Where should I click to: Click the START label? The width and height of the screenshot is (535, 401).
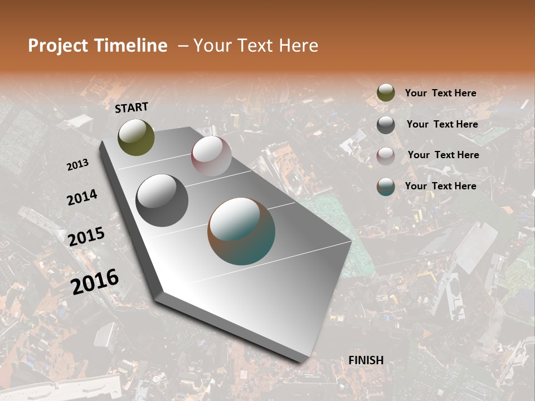(x=132, y=107)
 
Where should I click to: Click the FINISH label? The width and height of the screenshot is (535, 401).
(x=366, y=360)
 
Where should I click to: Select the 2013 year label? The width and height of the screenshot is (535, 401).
(x=77, y=165)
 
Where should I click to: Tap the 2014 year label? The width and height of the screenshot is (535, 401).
(x=82, y=198)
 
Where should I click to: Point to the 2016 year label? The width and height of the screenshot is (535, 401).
(x=95, y=281)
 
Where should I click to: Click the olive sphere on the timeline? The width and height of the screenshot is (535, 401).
(x=136, y=137)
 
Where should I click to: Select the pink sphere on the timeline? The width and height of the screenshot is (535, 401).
(x=211, y=156)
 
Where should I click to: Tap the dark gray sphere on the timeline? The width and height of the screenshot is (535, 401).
(x=162, y=200)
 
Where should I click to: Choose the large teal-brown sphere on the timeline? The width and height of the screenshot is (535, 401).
(x=241, y=231)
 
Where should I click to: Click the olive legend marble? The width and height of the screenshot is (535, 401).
(x=386, y=93)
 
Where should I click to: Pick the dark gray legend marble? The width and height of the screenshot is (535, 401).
(x=386, y=125)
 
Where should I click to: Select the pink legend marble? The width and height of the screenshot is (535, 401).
(x=386, y=155)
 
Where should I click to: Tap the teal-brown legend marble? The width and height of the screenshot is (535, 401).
(x=386, y=187)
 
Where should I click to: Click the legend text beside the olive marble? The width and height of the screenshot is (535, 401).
(x=440, y=94)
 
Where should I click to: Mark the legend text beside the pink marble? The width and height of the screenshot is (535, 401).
(x=443, y=155)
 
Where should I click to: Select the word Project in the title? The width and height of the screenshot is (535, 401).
(x=58, y=46)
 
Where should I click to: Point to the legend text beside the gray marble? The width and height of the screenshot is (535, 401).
(x=442, y=124)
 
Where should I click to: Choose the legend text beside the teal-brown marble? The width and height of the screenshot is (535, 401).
(x=440, y=186)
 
